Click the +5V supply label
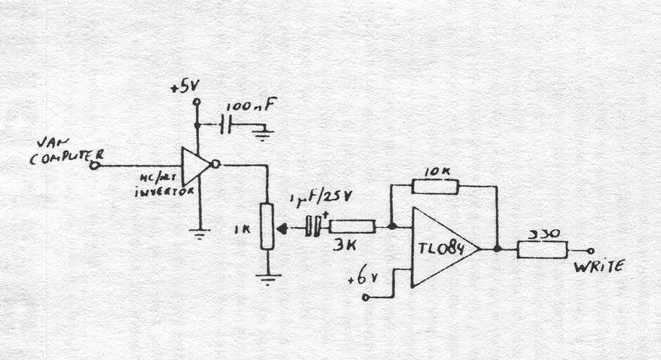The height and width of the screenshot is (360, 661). [186, 89]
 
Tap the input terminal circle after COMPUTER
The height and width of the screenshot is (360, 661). [96, 166]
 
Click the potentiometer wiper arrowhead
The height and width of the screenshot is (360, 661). [283, 227]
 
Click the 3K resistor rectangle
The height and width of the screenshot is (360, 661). [352, 226]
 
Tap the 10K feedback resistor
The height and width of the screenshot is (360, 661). [435, 186]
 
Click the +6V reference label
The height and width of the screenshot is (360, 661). [360, 281]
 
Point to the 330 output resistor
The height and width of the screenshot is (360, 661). [542, 249]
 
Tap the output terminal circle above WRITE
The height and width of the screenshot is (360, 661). [590, 249]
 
